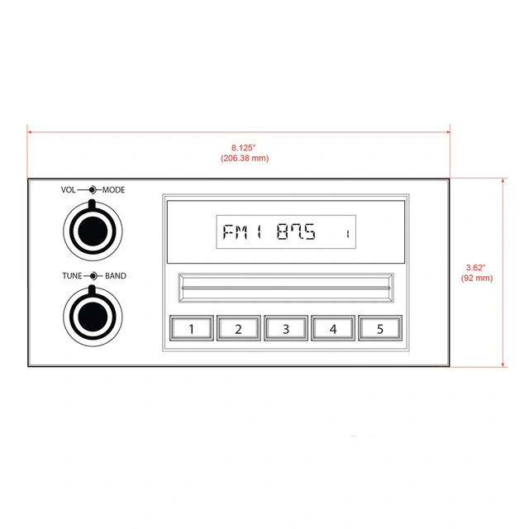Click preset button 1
(192, 329)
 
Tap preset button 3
(286, 329)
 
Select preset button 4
(333, 329)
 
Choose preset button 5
(380, 329)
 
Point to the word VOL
(69, 190)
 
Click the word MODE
(114, 190)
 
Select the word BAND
(116, 276)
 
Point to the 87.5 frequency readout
(296, 233)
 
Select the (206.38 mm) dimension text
(245, 158)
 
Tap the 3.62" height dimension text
(476, 268)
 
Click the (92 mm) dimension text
(477, 279)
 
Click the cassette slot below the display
(286, 289)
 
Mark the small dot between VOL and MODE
(93, 190)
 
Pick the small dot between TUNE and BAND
(94, 276)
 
